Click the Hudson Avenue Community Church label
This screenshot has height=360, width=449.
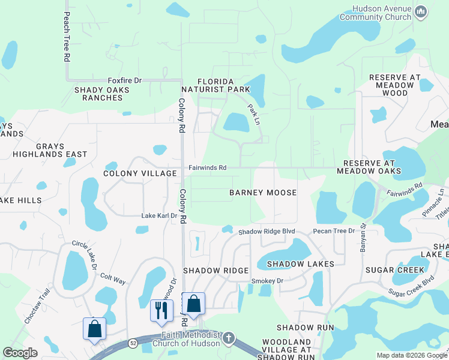pyautogui.click(x=375, y=13)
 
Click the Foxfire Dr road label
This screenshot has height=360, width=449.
pyautogui.click(x=124, y=80)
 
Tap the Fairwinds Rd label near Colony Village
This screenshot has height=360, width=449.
pyautogui.click(x=208, y=168)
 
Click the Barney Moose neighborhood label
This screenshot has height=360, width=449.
pyautogui.click(x=263, y=193)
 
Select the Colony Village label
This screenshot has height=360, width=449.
pyautogui.click(x=140, y=173)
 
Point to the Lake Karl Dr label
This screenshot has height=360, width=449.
pyautogui.click(x=159, y=216)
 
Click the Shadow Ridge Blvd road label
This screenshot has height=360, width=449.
pyautogui.click(x=267, y=232)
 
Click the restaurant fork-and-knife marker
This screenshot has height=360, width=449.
pyautogui.click(x=161, y=310)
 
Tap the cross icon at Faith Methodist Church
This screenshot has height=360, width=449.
pyautogui.click(x=228, y=338)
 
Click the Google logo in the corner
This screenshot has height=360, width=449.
pyautogui.click(x=20, y=353)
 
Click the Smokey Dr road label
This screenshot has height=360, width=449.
pyautogui.click(x=267, y=280)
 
